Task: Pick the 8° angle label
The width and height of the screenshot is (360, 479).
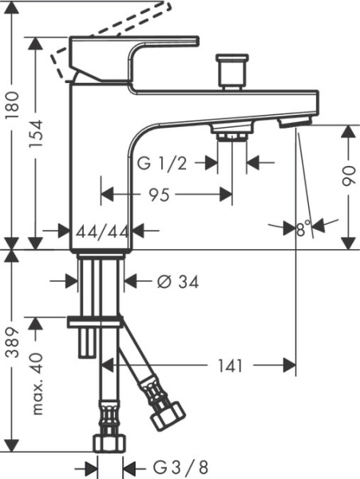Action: pyautogui.click(x=303, y=230)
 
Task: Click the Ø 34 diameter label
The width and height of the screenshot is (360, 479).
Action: pyautogui.click(x=177, y=282)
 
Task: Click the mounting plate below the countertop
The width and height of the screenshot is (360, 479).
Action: pyautogui.click(x=96, y=321)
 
